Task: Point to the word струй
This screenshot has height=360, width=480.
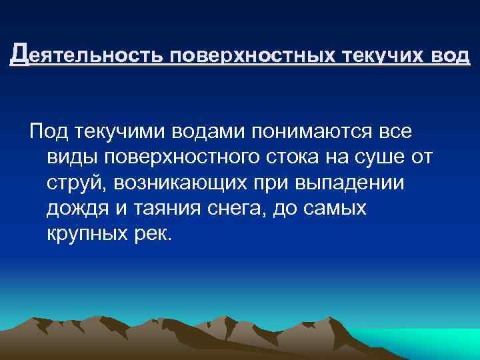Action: click(73, 183)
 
